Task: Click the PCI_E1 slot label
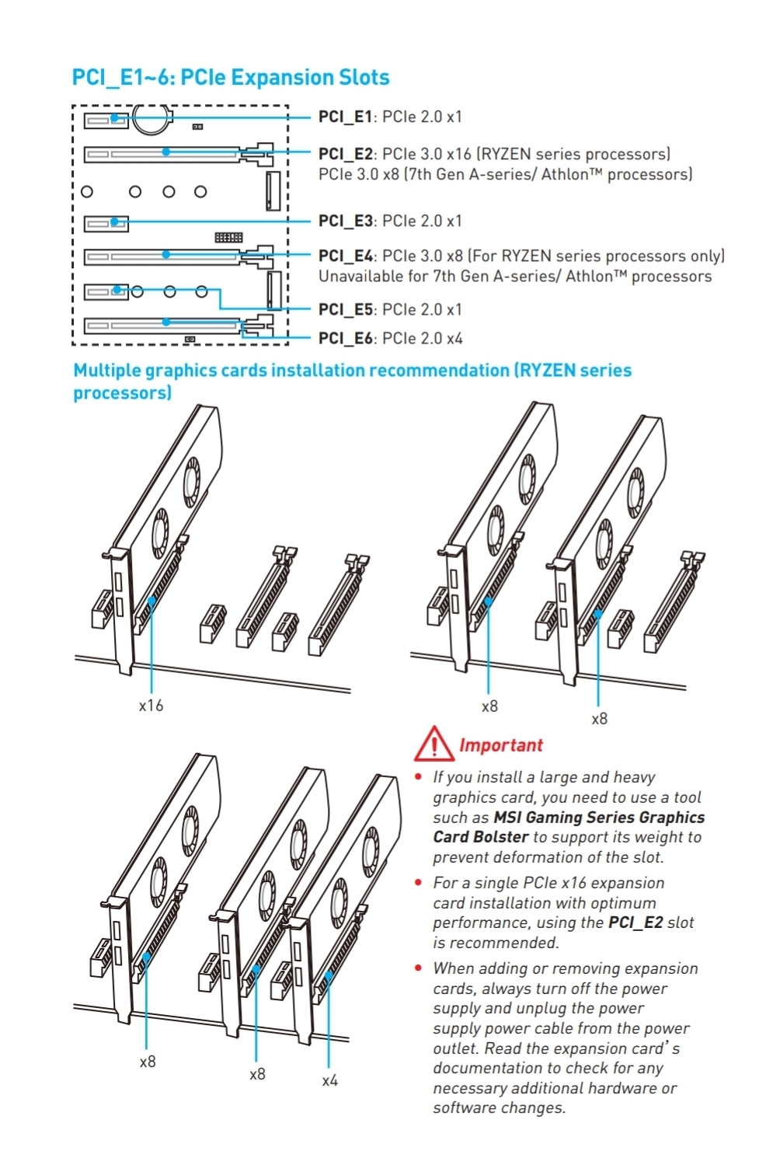point(345,117)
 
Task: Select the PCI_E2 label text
point(345,154)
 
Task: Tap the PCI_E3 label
point(345,221)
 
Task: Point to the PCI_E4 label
point(345,256)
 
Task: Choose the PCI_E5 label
point(345,309)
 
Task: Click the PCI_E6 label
point(345,338)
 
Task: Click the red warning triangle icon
point(433,745)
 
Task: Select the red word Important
point(500,745)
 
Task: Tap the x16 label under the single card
point(151,706)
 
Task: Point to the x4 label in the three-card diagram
point(329,1080)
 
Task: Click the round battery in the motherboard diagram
point(151,118)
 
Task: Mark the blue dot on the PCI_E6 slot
point(166,322)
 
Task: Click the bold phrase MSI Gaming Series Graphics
point(599,818)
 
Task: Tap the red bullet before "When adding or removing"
point(419,968)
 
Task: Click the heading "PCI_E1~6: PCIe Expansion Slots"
point(230,78)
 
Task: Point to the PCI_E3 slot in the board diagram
point(105,223)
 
